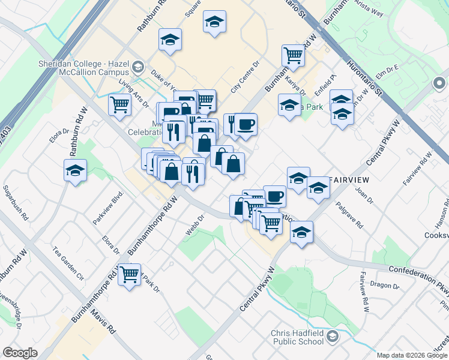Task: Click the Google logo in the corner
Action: point(20,353)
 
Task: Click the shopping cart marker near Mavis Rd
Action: point(130,275)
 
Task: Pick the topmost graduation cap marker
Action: point(214,22)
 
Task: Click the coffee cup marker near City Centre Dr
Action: point(246,125)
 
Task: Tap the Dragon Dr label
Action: point(381,284)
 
